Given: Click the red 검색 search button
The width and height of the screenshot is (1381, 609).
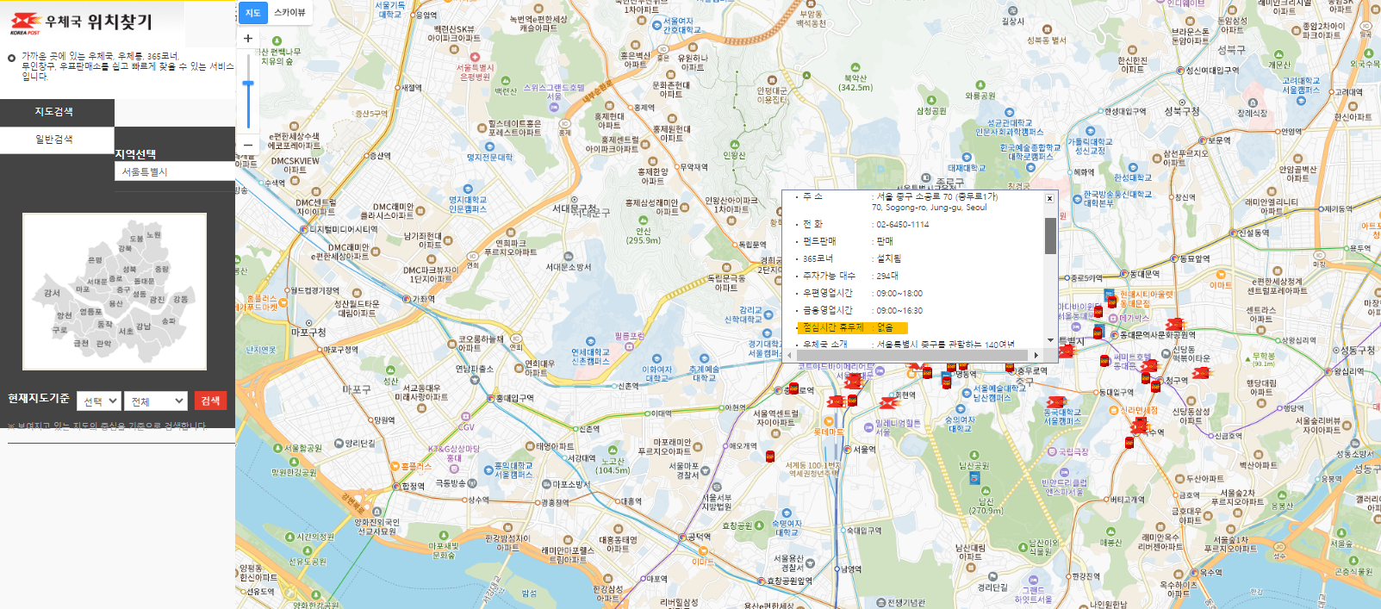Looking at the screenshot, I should pos(210,401).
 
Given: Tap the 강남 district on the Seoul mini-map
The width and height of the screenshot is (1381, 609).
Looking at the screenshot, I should pos(143,326).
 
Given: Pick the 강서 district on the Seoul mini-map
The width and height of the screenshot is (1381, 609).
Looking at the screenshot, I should pos(52,293).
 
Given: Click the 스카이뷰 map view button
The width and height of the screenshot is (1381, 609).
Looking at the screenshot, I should pos(289,13).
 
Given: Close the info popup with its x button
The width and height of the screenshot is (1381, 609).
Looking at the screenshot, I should pos(1049,199).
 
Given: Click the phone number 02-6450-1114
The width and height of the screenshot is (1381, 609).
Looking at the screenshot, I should pos(902,225).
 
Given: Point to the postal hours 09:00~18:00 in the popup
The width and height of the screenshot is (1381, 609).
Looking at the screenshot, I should pos(899,294).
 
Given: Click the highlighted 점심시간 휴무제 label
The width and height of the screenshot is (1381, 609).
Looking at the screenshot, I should pos(832,327).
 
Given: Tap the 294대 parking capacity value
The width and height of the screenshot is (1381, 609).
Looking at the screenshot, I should pos(886,277).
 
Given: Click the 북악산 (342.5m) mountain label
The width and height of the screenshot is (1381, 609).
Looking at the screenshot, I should pos(855,83).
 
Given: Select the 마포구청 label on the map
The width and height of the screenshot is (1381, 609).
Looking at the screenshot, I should pos(308,332).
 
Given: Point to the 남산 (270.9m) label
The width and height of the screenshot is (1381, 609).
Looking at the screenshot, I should pos(986,506).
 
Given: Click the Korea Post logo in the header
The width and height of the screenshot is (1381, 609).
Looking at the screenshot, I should pos(25,22).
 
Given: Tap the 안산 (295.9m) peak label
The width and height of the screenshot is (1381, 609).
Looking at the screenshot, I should pos(643,236).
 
